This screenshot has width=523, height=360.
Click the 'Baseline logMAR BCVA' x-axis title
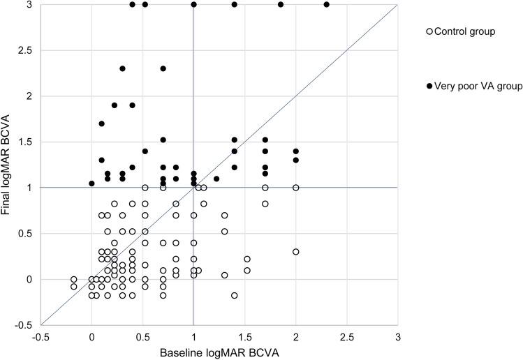coord(219,352)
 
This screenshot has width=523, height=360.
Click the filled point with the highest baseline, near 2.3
coord(326,4)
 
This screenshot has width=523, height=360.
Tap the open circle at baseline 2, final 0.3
coord(295,252)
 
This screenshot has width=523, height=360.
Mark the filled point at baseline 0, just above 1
coord(91,183)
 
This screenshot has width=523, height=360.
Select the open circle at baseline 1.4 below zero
coord(235,296)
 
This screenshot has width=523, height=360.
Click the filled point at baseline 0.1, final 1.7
coord(102,123)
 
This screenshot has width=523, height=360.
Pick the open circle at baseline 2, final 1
coord(295,188)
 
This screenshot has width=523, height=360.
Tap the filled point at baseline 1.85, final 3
coord(280,4)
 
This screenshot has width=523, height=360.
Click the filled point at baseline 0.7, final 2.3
coord(163,68)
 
